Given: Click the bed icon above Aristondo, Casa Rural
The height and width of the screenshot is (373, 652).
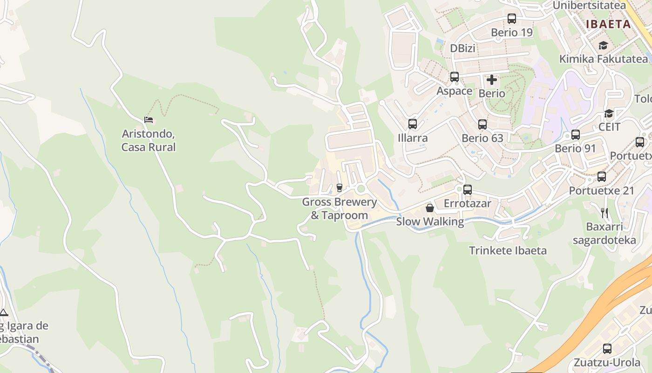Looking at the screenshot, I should [149, 120].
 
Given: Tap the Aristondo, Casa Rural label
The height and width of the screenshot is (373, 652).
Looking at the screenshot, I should [149, 141].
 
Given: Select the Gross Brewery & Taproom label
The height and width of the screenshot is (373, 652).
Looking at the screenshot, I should [339, 208].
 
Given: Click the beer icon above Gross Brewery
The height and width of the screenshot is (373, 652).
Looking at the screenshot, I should [339, 188].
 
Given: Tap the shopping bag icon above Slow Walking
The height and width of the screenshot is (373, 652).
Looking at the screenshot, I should [430, 208].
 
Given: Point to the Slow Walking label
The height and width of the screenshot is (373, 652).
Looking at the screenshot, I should [430, 222].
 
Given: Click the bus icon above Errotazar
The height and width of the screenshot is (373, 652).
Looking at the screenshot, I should [468, 190].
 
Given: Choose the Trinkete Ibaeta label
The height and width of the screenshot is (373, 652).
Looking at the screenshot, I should [508, 250].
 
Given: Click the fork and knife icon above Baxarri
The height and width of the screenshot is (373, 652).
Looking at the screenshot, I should [604, 213].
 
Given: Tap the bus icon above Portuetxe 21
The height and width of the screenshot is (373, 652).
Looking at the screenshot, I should [602, 177].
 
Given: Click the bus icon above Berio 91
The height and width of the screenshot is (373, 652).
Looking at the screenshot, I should [576, 135].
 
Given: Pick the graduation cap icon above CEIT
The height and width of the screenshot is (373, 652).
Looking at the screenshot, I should [609, 113].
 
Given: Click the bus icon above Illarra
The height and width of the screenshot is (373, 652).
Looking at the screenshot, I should [413, 124].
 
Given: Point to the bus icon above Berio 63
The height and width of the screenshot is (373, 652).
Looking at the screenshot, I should [482, 124].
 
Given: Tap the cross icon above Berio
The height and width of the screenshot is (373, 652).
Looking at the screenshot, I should [492, 80].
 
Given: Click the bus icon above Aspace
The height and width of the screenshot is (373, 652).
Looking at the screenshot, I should [455, 77].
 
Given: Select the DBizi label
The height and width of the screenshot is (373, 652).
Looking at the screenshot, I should [462, 48].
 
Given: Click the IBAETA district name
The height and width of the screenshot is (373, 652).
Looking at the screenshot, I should [608, 24].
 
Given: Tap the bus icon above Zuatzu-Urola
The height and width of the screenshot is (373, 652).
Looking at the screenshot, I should [607, 348].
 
